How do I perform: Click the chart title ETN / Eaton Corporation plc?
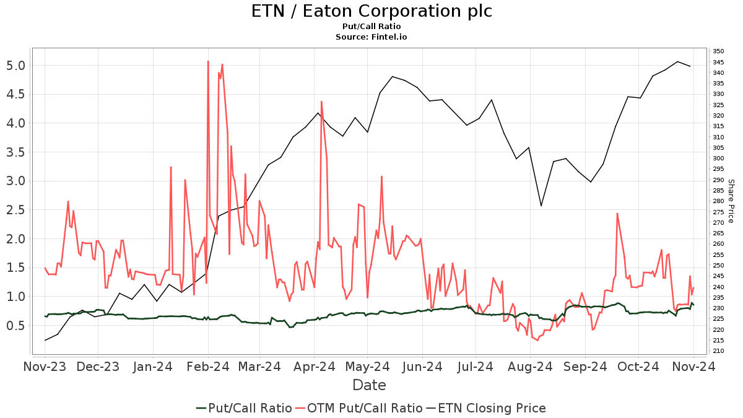pyautogui.click(x=371, y=11)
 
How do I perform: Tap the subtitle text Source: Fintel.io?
pyautogui.click(x=371, y=37)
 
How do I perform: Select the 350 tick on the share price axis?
pyautogui.click(x=718, y=51)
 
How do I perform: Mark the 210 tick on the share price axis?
pyautogui.click(x=718, y=351)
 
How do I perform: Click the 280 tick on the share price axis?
pyautogui.click(x=718, y=201)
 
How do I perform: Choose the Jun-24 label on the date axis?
pyautogui.click(x=422, y=367)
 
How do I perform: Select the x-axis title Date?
pyautogui.click(x=369, y=385)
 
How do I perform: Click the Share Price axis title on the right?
pyautogui.click(x=731, y=201)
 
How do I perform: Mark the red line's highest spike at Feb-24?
pyautogui.click(x=208, y=61)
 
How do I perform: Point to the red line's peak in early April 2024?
pyautogui.click(x=321, y=102)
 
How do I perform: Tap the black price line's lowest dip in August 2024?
pyautogui.click(x=541, y=206)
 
